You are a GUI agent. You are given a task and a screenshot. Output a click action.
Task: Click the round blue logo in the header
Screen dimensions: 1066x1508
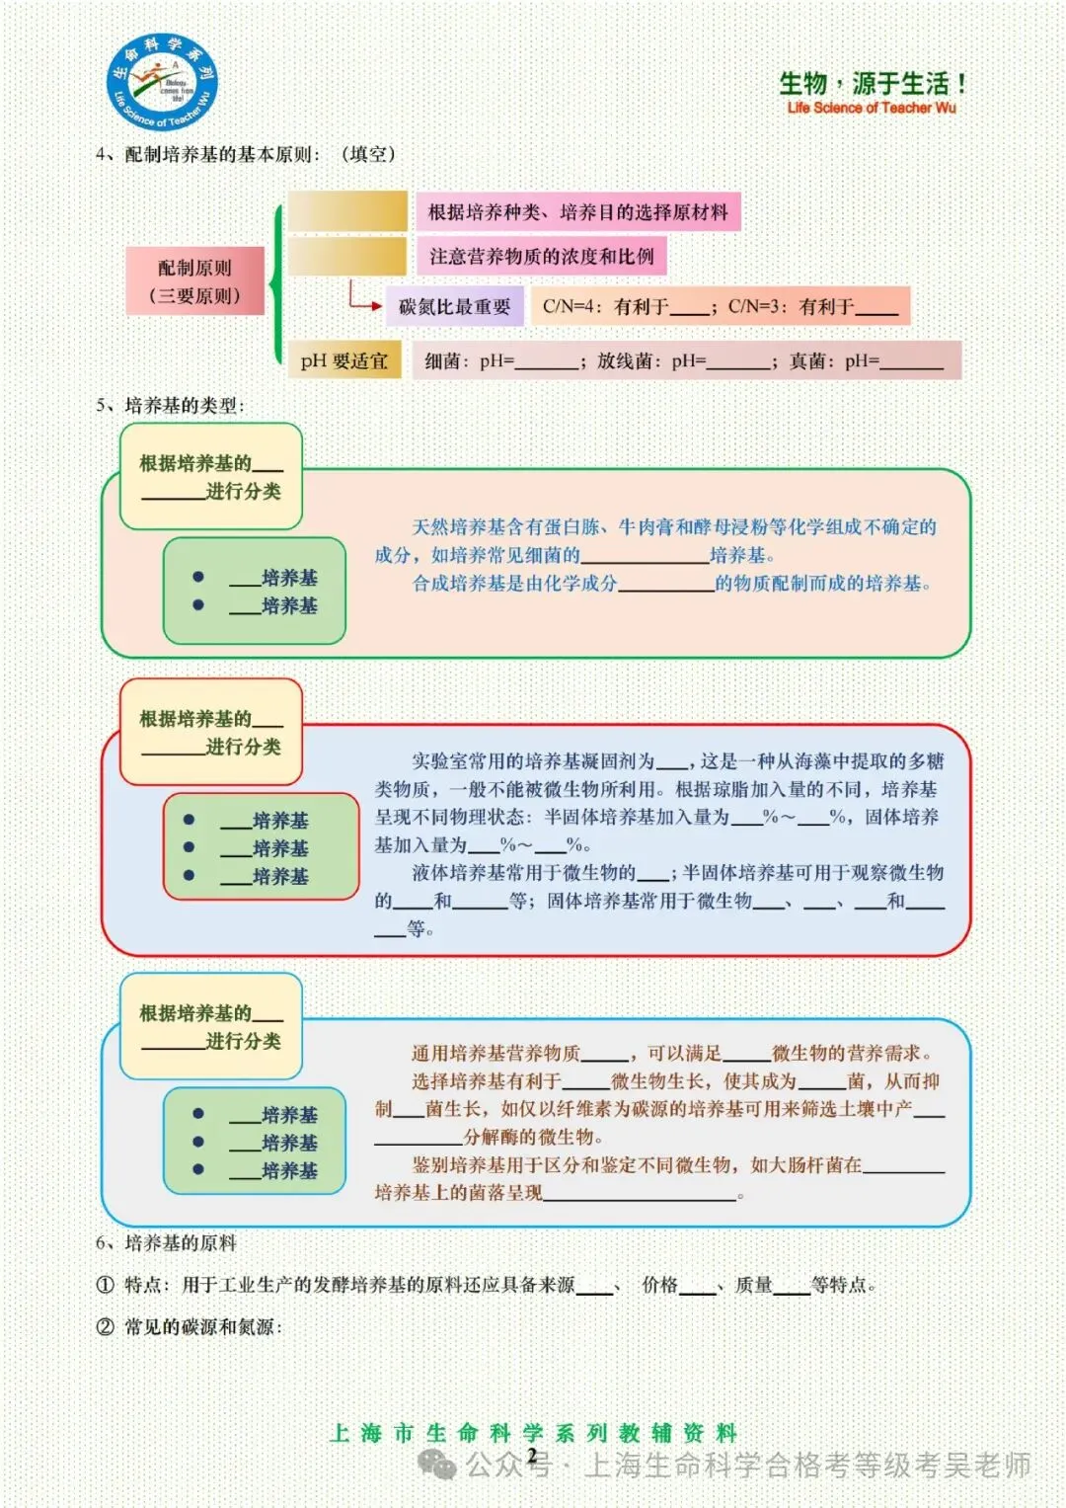163,82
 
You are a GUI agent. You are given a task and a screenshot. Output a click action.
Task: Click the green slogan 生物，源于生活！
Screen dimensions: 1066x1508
873,84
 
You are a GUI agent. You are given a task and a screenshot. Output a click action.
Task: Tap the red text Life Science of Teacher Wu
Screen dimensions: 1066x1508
872,108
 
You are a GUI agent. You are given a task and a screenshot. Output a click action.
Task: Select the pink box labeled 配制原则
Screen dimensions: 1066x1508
195,280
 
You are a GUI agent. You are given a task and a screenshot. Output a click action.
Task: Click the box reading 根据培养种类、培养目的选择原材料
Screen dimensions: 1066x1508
577,212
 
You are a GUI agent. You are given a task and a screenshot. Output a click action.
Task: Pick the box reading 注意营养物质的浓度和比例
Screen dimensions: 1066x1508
541,257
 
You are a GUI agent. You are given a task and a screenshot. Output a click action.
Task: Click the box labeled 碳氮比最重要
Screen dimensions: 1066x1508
454,307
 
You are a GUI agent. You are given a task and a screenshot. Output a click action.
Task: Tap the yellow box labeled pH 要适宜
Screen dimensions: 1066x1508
344,361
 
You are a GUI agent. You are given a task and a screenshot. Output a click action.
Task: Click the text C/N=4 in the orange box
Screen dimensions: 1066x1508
569,307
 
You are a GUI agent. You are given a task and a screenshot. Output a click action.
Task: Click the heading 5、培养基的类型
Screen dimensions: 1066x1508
170,405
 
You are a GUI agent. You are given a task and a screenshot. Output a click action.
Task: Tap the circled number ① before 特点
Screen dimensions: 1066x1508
106,1285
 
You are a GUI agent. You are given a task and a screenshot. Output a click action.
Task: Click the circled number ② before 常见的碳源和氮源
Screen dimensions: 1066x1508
106,1327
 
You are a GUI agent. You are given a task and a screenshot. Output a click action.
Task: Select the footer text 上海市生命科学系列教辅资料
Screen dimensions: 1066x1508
533,1433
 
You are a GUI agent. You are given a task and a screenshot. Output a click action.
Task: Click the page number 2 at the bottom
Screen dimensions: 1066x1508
532,1456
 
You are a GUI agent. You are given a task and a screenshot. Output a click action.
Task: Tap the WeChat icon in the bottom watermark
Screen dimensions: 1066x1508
436,1465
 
